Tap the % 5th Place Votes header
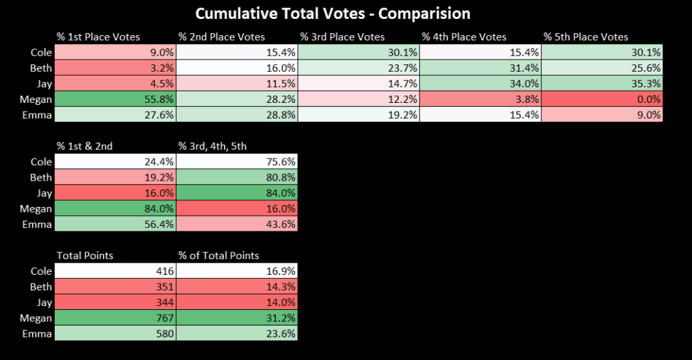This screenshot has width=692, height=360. [586, 37]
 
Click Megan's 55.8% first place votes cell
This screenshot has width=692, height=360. [114, 99]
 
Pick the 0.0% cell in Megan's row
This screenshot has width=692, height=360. [601, 99]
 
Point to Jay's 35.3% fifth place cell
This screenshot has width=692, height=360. [601, 84]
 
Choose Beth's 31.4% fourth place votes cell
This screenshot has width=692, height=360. [480, 68]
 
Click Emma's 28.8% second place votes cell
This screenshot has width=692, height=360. [236, 115]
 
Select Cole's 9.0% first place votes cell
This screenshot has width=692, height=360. [114, 52]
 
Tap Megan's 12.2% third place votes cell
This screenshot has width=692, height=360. [358, 99]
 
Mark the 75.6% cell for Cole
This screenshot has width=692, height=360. [236, 162]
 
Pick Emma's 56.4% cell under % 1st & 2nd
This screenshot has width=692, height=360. [114, 224]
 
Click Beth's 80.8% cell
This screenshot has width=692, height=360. [236, 177]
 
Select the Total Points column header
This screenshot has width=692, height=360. [85, 255]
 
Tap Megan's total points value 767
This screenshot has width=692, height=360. [114, 318]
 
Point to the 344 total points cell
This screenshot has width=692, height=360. [114, 302]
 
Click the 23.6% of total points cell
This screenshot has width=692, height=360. [236, 334]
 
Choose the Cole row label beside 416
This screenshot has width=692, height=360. [41, 271]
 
